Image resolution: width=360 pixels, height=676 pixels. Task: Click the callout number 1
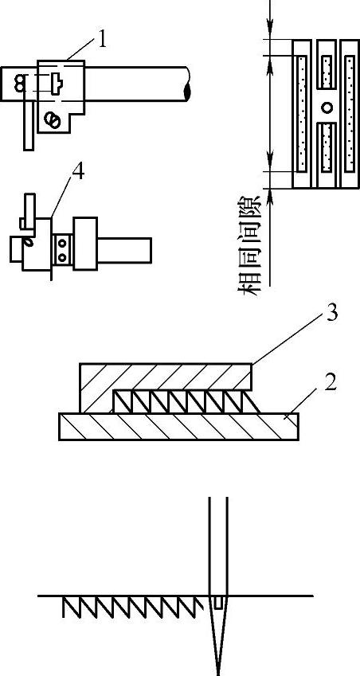(101, 39)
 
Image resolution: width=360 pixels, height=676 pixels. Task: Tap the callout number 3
(331, 314)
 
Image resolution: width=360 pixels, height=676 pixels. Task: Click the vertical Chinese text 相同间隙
(249, 246)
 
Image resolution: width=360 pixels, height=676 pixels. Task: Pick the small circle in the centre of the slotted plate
(327, 107)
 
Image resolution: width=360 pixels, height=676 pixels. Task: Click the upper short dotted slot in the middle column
(327, 71)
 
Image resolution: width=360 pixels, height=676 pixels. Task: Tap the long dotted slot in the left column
(303, 113)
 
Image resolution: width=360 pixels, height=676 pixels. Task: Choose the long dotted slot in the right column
(350, 113)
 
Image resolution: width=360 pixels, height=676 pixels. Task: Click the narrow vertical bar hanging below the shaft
(29, 126)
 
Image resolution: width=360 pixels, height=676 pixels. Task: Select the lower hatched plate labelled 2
(178, 426)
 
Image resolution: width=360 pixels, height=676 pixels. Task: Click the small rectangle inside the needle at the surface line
(218, 602)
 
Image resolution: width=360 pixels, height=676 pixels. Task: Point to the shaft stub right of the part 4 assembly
(124, 250)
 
